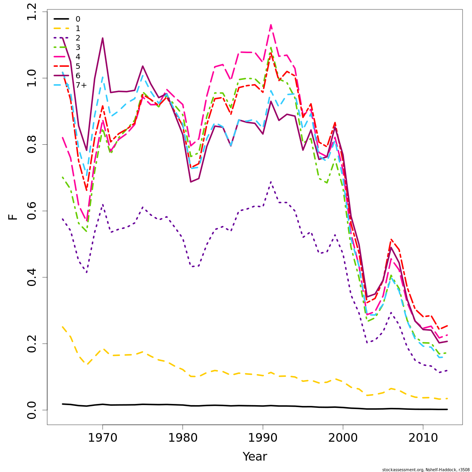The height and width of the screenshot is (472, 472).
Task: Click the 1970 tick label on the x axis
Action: pyautogui.click(x=103, y=438)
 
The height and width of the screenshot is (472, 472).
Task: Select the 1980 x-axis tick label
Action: pyautogui.click(x=183, y=438)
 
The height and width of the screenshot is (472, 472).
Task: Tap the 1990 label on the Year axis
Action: pyautogui.click(x=263, y=438)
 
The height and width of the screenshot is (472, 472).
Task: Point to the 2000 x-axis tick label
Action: pyautogui.click(x=343, y=438)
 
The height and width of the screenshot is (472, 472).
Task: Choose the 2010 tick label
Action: pyautogui.click(x=423, y=438)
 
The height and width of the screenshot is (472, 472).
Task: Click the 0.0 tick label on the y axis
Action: pyautogui.click(x=31, y=410)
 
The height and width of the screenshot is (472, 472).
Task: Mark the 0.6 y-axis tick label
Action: pyautogui.click(x=31, y=211)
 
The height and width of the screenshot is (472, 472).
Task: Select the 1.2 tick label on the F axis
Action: pyautogui.click(x=31, y=11)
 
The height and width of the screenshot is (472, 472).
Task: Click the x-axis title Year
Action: pyautogui.click(x=255, y=457)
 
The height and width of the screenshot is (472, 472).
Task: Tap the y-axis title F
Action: pyautogui.click(x=13, y=217)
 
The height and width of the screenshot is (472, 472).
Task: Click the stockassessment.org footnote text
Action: pyautogui.click(x=426, y=470)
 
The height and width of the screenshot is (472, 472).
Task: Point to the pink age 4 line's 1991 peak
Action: pyautogui.click(x=271, y=25)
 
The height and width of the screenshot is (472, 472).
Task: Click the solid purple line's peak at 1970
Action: pyautogui.click(x=103, y=38)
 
